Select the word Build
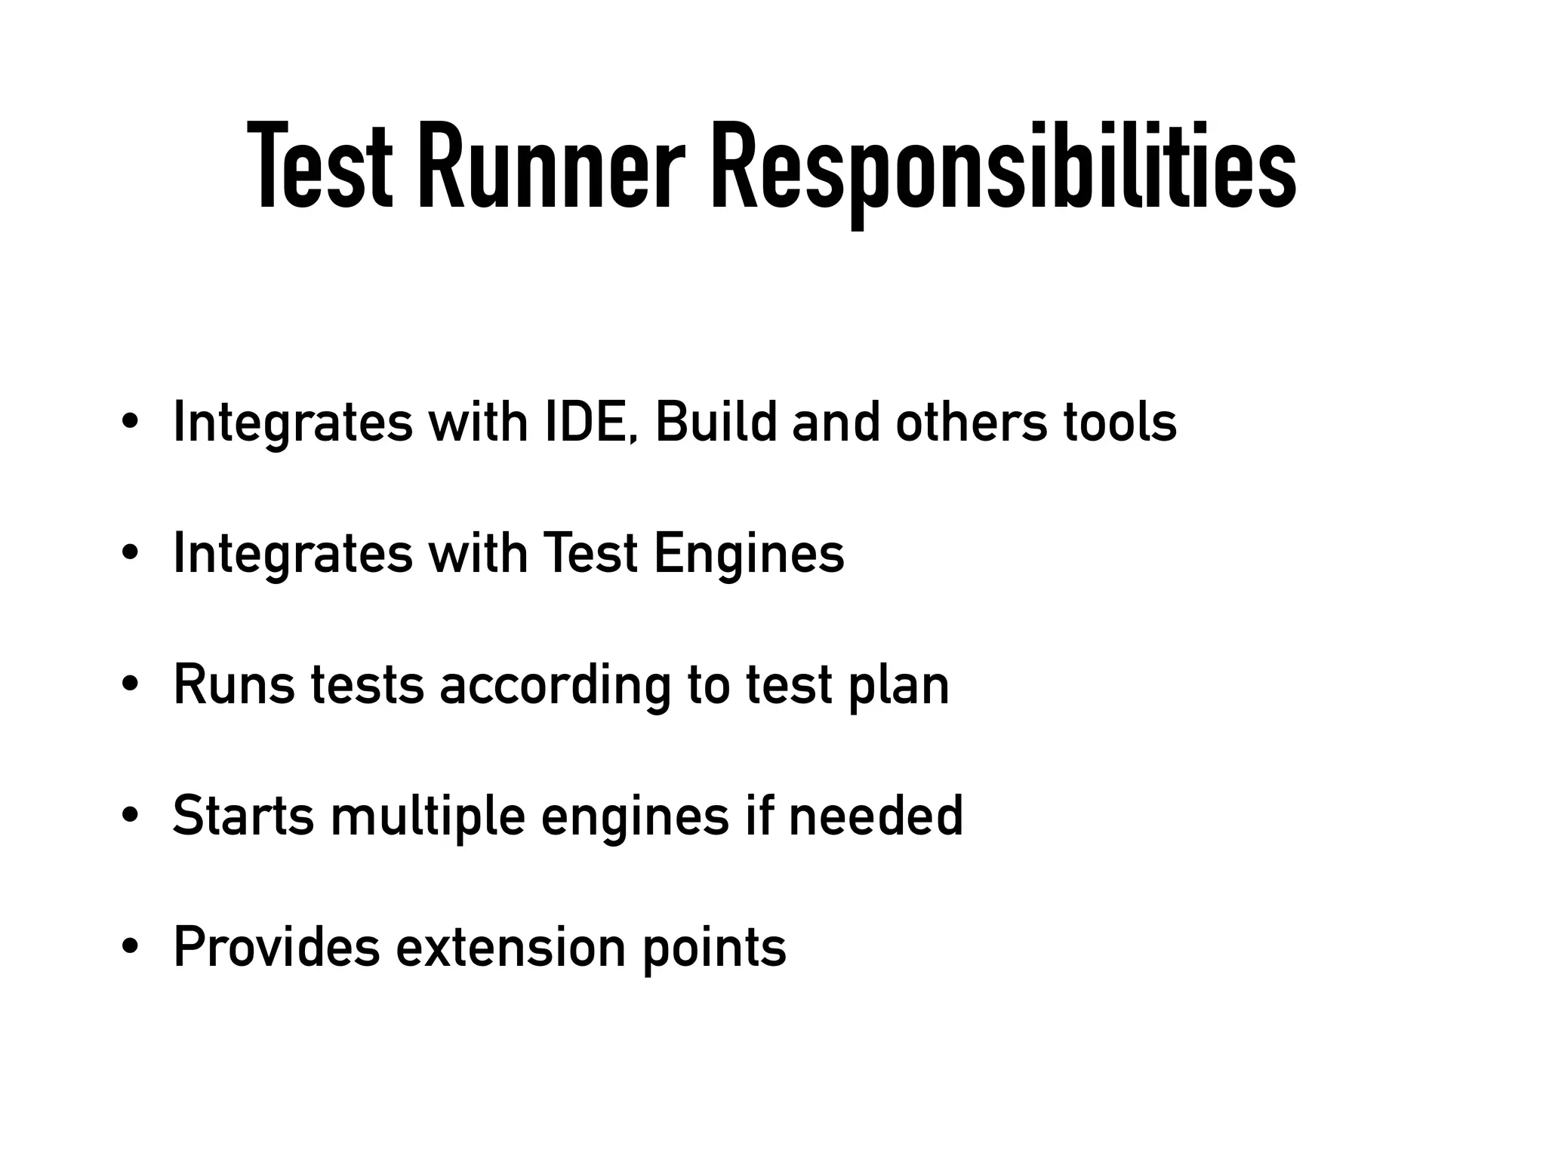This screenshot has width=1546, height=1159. [x=716, y=422]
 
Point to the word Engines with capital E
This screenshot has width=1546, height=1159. [x=749, y=554]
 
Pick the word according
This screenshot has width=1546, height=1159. [x=555, y=685]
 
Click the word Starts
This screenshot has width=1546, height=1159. [x=243, y=816]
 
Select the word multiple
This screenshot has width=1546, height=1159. [x=427, y=816]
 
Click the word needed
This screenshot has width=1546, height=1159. [x=876, y=816]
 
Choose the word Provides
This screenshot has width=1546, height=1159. [x=276, y=947]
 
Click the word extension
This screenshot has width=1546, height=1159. [x=511, y=947]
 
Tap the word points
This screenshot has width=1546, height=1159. [x=714, y=947]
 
